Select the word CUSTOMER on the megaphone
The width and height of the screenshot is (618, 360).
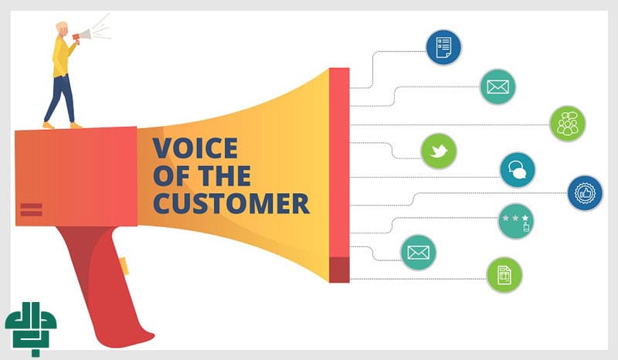230,203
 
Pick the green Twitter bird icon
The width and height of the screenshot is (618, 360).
438,151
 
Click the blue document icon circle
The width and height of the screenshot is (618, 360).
443,46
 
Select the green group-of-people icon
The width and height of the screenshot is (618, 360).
567,124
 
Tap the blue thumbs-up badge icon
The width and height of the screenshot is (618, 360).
585,193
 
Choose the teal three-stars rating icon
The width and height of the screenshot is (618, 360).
515,222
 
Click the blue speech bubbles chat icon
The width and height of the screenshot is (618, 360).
517,170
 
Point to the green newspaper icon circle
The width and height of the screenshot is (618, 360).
504,275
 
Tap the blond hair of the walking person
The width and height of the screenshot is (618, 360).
61,27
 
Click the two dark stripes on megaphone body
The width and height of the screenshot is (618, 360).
31,209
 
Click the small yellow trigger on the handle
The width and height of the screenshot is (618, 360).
123,265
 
